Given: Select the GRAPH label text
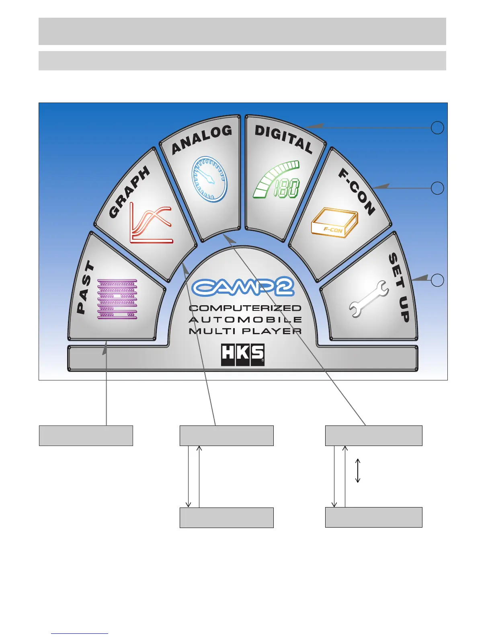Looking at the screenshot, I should click(129, 192).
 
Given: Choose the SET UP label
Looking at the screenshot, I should click(399, 288).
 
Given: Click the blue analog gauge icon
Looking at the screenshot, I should click(209, 179).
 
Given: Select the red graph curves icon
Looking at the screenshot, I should click(151, 224).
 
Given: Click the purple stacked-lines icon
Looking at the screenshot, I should click(117, 299).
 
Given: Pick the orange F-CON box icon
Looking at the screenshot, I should click(334, 223).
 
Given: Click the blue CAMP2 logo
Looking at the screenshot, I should click(243, 287).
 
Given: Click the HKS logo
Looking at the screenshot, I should click(243, 355).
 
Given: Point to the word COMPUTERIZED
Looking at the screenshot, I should click(245, 308).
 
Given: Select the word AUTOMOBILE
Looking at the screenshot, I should click(245, 320).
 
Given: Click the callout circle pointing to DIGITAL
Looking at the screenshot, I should click(437, 128).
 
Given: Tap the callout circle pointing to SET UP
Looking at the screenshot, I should click(437, 280).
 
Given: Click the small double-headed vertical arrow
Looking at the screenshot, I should click(358, 471).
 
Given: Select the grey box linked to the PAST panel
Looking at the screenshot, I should click(86, 436).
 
